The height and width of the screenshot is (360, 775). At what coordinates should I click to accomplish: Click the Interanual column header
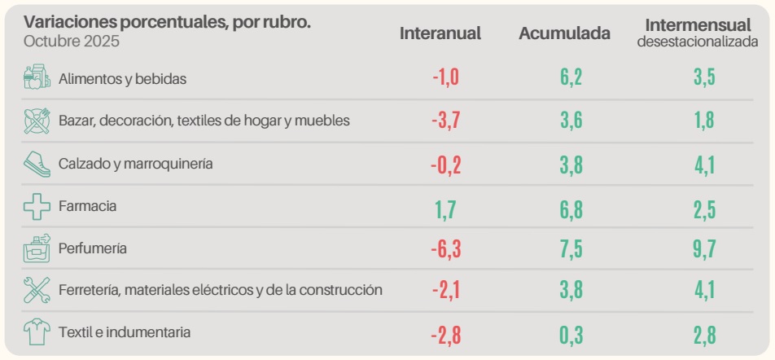click(440, 33)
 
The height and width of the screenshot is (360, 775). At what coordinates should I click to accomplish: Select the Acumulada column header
click(565, 33)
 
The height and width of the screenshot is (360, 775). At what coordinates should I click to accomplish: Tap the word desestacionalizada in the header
click(698, 42)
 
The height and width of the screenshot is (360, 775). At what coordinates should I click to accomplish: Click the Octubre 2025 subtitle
click(72, 41)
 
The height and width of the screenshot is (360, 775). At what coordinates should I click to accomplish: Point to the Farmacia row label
click(87, 206)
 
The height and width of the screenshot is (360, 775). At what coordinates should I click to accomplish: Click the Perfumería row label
click(92, 248)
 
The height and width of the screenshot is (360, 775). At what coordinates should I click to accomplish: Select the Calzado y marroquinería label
click(135, 164)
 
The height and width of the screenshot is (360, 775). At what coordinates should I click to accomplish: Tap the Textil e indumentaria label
click(125, 332)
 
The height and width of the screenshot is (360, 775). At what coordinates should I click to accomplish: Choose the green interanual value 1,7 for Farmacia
click(446, 207)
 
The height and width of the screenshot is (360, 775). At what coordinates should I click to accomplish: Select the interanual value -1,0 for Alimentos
click(446, 78)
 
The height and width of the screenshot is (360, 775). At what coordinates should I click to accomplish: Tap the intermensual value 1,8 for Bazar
click(703, 121)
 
